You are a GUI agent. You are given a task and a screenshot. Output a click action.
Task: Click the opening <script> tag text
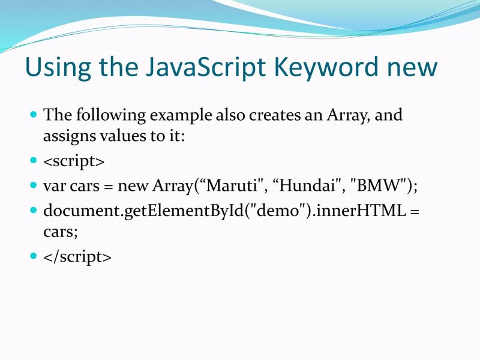[x=74, y=161]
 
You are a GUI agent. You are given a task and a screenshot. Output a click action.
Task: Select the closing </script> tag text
[x=77, y=257]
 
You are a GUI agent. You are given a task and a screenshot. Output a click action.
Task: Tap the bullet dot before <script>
[x=34, y=161]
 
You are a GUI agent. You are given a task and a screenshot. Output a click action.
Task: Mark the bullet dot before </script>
[x=34, y=256]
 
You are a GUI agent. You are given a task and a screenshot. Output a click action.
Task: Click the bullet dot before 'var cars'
[x=34, y=185]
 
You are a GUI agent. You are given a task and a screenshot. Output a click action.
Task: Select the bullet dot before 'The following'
[x=34, y=114]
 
